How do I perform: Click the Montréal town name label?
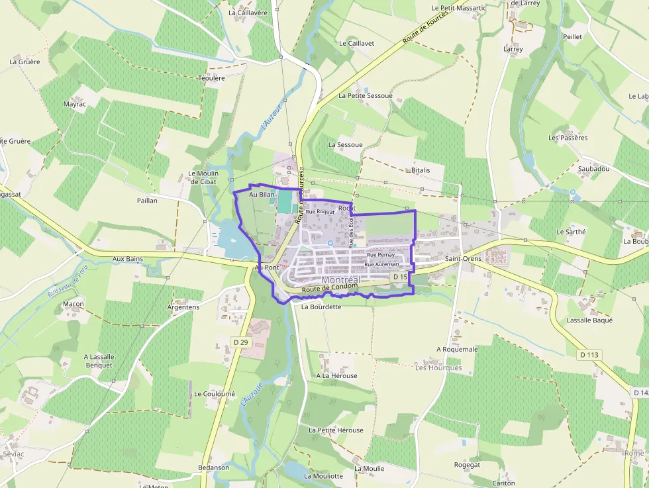pos(340,280)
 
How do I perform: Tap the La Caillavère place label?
pos(248,12)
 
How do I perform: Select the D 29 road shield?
pos(240,342)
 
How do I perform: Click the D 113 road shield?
pos(589,355)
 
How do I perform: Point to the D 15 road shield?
pos(399,276)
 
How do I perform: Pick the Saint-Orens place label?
pos(463,258)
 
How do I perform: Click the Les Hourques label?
pos(438,367)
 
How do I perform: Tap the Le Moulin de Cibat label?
pos(203,177)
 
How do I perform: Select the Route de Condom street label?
pos(329,289)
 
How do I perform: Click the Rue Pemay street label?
pos(381,254)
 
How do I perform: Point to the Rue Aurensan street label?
pos(382,264)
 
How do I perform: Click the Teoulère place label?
pos(212,77)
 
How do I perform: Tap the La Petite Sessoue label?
pos(366,95)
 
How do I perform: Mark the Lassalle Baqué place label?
pos(589,320)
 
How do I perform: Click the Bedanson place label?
pos(213,467)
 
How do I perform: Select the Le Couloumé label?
pos(215,393)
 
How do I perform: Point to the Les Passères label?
pos(568,138)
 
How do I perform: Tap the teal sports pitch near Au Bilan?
pos(285,201)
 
